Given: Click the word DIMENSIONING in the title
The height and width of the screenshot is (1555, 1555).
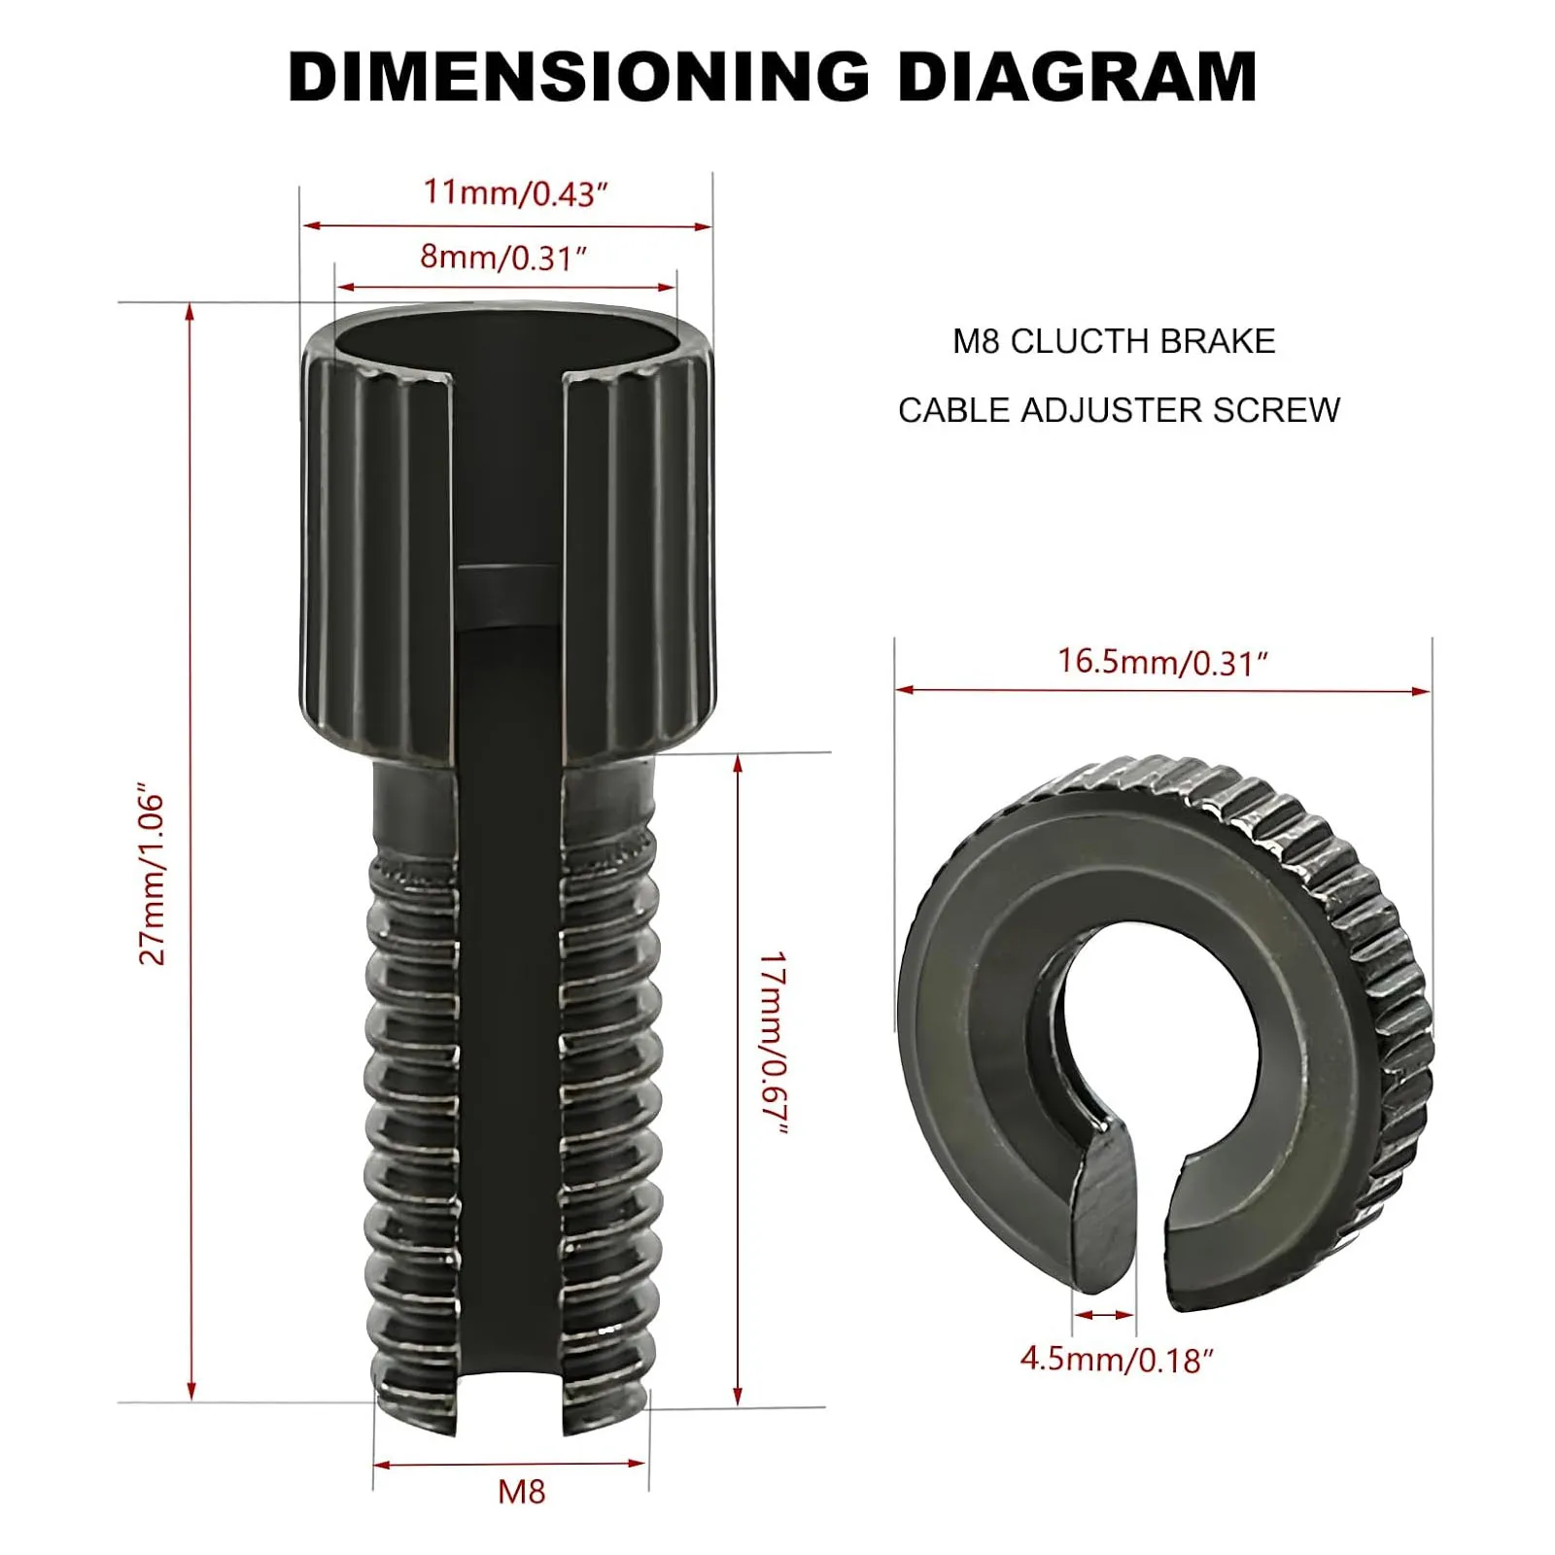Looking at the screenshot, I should pos(578,77).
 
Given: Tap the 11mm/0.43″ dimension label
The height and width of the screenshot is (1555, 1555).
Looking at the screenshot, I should pos(514,192).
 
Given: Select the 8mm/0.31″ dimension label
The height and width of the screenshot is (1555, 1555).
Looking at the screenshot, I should pos(502,258).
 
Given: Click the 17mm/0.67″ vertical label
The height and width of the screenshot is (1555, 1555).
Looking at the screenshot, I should pos(773,1042).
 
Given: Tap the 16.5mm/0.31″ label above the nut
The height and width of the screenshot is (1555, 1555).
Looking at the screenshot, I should pos(1162,662).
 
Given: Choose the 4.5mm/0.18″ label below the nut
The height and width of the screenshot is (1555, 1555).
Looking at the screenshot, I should pos(1117,1359).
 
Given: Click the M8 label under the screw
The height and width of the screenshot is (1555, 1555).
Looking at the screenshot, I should pos(521,1491).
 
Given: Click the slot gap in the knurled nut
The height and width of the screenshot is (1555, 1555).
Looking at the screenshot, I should pos(1157,1215).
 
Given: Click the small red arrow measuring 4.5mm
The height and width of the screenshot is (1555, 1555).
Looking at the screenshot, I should pos(1104,1315).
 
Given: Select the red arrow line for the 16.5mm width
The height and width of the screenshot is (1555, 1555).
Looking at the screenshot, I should pos(1162,691).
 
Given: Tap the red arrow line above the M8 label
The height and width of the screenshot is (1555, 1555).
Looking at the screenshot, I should pos(509,1464).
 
